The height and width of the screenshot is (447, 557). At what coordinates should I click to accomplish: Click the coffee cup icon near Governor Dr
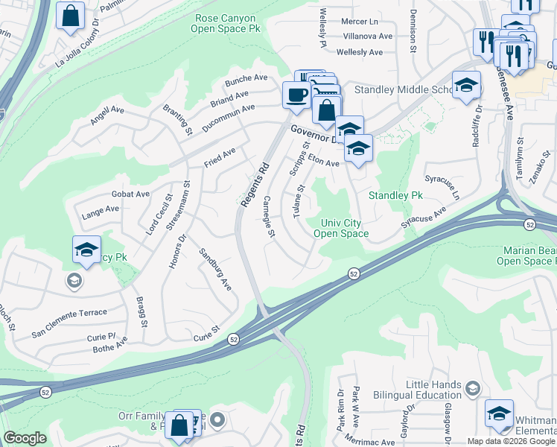tap(297, 95)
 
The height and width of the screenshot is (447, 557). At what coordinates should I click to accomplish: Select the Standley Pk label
tap(396, 195)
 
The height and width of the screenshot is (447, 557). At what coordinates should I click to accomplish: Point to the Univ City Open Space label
tap(341, 228)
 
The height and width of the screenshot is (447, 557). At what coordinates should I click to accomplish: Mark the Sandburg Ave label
tap(215, 269)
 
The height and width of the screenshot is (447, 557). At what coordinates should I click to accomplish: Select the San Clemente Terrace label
tap(69, 312)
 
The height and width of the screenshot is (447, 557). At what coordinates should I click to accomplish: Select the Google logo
tap(25, 438)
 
